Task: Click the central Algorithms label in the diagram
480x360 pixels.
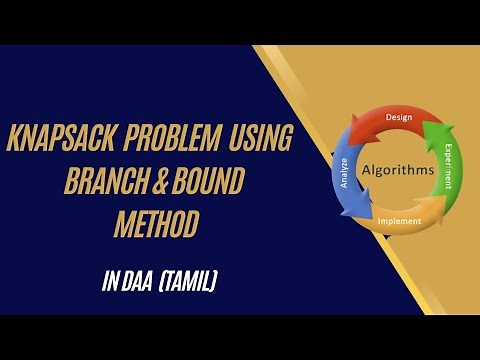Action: [x=398, y=170]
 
